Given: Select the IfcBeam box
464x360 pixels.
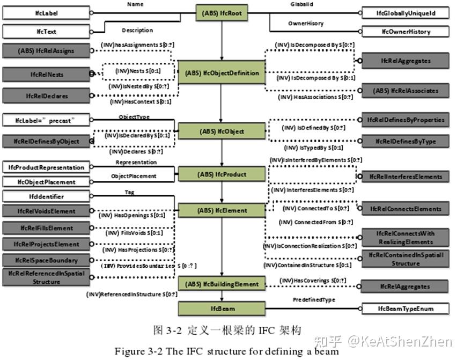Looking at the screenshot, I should tap(221, 308).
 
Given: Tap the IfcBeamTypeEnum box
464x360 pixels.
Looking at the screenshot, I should tap(405, 308).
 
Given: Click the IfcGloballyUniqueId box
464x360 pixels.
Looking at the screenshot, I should tap(405, 12).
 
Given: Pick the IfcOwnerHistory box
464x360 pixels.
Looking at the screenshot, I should tap(405, 31).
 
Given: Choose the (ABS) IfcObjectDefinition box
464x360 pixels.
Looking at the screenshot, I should tap(221, 73).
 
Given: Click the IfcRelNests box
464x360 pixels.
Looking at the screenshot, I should tap(45, 75).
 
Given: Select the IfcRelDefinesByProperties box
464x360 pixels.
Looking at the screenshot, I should tap(405, 120).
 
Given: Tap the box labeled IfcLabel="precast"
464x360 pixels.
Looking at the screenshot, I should tap(45, 121).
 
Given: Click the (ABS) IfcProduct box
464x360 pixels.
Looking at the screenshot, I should tap(221, 174).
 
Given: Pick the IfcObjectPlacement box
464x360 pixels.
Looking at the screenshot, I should tap(45, 182).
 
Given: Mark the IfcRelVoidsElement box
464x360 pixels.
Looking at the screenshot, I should tap(45, 211).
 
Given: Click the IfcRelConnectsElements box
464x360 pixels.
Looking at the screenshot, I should tap(405, 209).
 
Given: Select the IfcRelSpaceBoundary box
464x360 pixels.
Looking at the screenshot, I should tap(45, 260).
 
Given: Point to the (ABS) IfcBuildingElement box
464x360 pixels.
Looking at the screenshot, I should tap(221, 284).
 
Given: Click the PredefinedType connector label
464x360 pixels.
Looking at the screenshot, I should tap(314, 300).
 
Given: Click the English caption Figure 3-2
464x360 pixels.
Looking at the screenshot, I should tap(226, 351).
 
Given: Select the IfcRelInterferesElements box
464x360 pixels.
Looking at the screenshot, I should tap(405, 176).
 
